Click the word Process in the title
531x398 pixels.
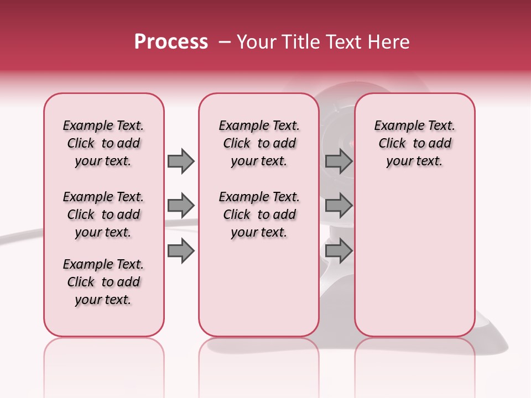tap(171, 42)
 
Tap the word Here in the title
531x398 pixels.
tap(390, 42)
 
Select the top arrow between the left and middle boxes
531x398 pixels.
tap(180, 161)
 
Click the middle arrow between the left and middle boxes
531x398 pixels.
tap(180, 206)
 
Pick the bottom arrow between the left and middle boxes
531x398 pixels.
tap(180, 251)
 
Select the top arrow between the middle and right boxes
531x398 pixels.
tap(339, 161)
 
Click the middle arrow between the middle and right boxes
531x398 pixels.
tap(339, 206)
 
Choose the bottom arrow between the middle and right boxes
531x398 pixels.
tap(339, 251)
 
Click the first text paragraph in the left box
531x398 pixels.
tap(103, 143)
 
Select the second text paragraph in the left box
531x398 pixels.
tap(103, 214)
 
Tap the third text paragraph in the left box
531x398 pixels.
tap(103, 282)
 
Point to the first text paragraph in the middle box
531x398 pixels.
tap(259, 143)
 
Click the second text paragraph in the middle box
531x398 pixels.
tap(259, 214)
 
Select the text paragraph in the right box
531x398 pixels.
tap(414, 143)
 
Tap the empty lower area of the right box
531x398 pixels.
tap(414, 265)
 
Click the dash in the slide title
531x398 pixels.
tap(225, 42)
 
